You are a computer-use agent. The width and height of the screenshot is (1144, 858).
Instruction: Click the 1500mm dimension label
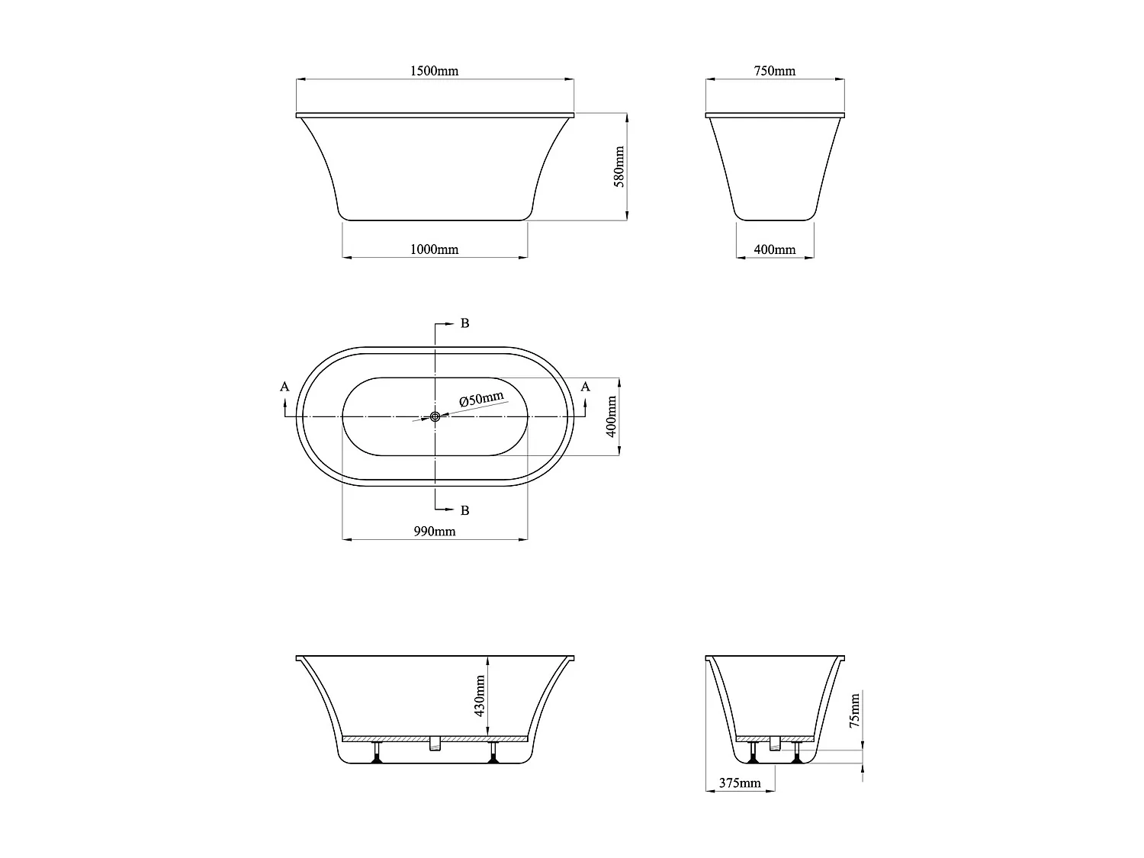(x=434, y=71)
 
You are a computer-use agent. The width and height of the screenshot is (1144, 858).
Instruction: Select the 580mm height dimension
(x=619, y=167)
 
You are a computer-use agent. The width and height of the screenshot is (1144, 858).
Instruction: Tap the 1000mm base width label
(x=434, y=249)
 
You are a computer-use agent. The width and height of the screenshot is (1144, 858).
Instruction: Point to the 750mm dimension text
(x=774, y=71)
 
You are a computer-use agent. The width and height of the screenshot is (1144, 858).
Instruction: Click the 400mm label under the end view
(x=774, y=249)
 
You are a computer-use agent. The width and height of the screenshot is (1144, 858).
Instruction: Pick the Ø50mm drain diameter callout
(x=481, y=400)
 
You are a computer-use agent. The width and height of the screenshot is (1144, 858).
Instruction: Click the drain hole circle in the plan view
(x=435, y=416)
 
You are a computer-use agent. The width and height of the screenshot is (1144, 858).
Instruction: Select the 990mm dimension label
(x=434, y=532)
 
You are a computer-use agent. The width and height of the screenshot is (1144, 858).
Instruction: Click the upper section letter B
(x=464, y=323)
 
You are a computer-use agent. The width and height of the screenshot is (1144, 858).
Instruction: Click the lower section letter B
(x=464, y=510)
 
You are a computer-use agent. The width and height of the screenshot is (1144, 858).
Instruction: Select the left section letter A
(x=284, y=387)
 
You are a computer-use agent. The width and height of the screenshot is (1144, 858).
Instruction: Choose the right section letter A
(x=585, y=387)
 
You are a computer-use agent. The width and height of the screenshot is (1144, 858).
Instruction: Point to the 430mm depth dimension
(x=480, y=696)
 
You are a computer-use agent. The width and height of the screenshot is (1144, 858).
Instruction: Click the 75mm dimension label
(x=855, y=710)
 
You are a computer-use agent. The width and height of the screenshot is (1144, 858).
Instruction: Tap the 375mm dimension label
(x=739, y=783)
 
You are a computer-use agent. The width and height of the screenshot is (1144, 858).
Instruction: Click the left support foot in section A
(x=376, y=752)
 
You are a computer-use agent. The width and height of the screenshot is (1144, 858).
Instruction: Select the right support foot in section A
(x=493, y=752)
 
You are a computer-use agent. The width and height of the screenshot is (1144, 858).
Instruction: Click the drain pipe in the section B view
(x=775, y=744)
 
